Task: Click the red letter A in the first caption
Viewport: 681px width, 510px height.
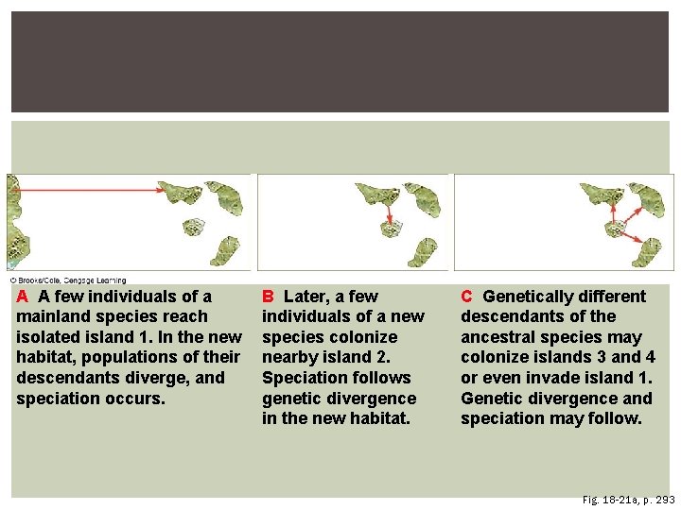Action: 22,297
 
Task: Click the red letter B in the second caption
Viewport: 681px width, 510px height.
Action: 268,297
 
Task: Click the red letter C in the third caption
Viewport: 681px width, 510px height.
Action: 466,297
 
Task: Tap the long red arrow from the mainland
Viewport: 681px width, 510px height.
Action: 90,190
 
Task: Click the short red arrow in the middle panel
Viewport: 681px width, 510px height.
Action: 389,216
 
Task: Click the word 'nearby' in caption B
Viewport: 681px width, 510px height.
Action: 291,357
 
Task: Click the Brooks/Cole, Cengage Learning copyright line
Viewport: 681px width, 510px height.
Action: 68,280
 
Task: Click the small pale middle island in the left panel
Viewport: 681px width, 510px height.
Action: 193,227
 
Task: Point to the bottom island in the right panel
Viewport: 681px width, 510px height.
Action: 649,250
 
